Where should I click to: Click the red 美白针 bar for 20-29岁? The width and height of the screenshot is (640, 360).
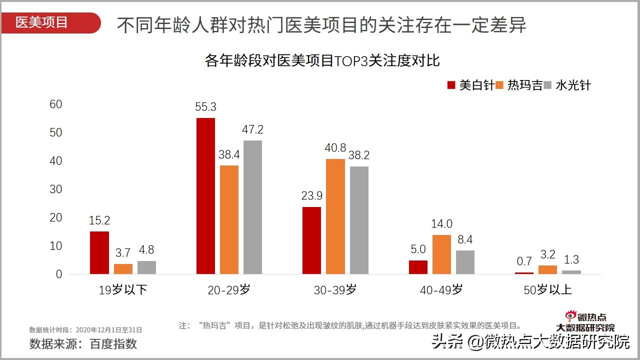click(x=205, y=196)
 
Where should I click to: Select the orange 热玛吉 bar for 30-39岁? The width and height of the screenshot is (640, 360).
click(x=335, y=216)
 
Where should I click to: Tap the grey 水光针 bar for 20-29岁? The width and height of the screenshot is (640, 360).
click(x=252, y=207)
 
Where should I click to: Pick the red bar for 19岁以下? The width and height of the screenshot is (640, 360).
click(x=99, y=252)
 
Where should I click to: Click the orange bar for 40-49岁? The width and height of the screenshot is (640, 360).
click(x=441, y=254)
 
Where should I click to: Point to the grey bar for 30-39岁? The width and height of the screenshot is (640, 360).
click(x=359, y=220)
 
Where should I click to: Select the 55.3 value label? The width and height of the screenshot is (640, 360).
click(x=206, y=107)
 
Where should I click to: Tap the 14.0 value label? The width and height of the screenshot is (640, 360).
click(x=441, y=224)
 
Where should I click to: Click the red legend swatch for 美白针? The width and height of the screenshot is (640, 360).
click(x=451, y=85)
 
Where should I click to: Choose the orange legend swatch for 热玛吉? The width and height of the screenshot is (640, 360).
click(x=499, y=85)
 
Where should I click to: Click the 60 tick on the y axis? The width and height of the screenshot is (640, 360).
click(x=56, y=104)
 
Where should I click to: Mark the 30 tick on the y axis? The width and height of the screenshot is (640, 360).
click(x=56, y=189)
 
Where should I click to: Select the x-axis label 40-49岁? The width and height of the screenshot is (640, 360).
click(x=442, y=289)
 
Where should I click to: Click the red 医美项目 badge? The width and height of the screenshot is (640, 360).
click(x=50, y=23)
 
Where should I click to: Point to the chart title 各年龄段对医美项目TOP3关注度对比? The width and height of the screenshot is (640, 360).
click(x=322, y=61)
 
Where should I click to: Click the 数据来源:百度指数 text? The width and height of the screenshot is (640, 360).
click(x=83, y=343)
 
